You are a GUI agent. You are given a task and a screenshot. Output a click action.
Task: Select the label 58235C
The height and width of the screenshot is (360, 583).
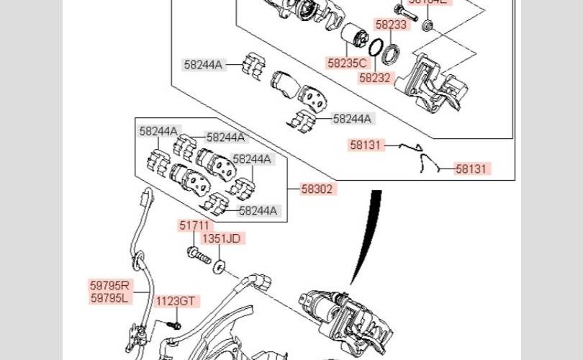(x=347, y=63)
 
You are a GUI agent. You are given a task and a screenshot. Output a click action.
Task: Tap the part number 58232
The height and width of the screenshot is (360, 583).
(x=374, y=77)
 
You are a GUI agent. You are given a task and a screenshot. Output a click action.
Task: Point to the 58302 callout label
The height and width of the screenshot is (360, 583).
(x=317, y=189)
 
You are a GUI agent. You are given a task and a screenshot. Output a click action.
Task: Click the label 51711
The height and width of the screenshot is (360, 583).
(x=196, y=225)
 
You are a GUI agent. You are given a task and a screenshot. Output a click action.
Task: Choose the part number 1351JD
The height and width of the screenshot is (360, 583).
(x=221, y=238)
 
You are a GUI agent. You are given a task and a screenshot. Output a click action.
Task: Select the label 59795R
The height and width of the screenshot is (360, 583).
(x=110, y=285)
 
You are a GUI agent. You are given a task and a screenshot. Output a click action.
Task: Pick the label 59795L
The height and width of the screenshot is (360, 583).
(x=110, y=297)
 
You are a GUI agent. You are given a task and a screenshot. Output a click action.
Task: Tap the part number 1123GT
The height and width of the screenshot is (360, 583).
(x=176, y=301)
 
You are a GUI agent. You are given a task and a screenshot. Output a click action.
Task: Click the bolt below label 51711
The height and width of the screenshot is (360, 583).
(x=197, y=253)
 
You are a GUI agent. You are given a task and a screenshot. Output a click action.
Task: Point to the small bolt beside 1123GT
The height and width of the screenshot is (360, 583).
(x=173, y=325)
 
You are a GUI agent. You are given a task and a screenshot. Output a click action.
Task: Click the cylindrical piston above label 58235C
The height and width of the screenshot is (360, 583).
(x=353, y=35)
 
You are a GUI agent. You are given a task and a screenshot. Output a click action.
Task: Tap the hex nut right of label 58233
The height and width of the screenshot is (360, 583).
(x=426, y=26)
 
